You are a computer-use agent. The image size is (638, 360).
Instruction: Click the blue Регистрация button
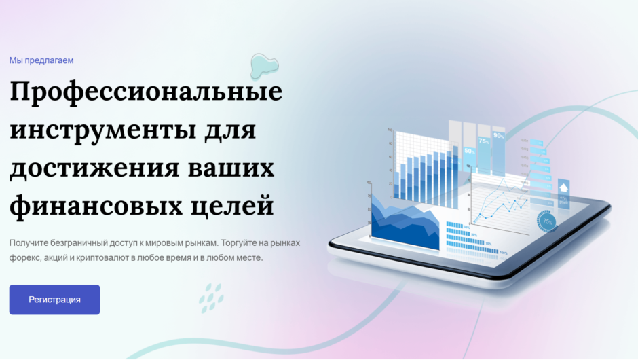(x=54, y=300)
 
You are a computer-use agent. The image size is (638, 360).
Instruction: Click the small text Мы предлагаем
(x=41, y=60)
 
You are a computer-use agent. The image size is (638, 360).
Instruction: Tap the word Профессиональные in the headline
(x=146, y=92)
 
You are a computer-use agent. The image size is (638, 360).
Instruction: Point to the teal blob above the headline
(x=264, y=65)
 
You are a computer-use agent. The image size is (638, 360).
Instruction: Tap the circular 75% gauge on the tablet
(x=546, y=221)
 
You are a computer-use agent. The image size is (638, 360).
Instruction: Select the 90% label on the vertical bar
(x=499, y=136)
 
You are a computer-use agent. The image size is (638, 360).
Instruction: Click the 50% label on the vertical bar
(x=469, y=151)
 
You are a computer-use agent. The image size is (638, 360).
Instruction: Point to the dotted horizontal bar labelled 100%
(x=472, y=252)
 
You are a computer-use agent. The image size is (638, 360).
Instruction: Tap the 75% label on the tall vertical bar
(x=484, y=141)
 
